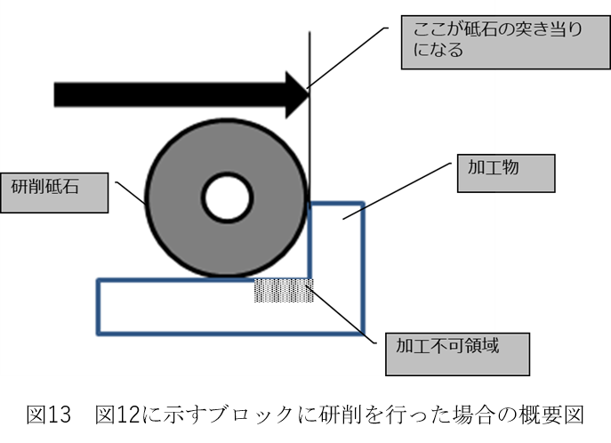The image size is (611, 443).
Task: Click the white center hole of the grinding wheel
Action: (x=226, y=198)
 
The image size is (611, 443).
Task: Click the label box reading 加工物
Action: (x=505, y=173)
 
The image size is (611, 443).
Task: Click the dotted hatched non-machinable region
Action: (x=284, y=291)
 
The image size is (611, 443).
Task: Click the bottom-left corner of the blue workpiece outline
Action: (x=98, y=334)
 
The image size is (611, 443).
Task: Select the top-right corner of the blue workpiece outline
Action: (x=364, y=204)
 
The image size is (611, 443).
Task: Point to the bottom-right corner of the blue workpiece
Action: (x=364, y=334)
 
